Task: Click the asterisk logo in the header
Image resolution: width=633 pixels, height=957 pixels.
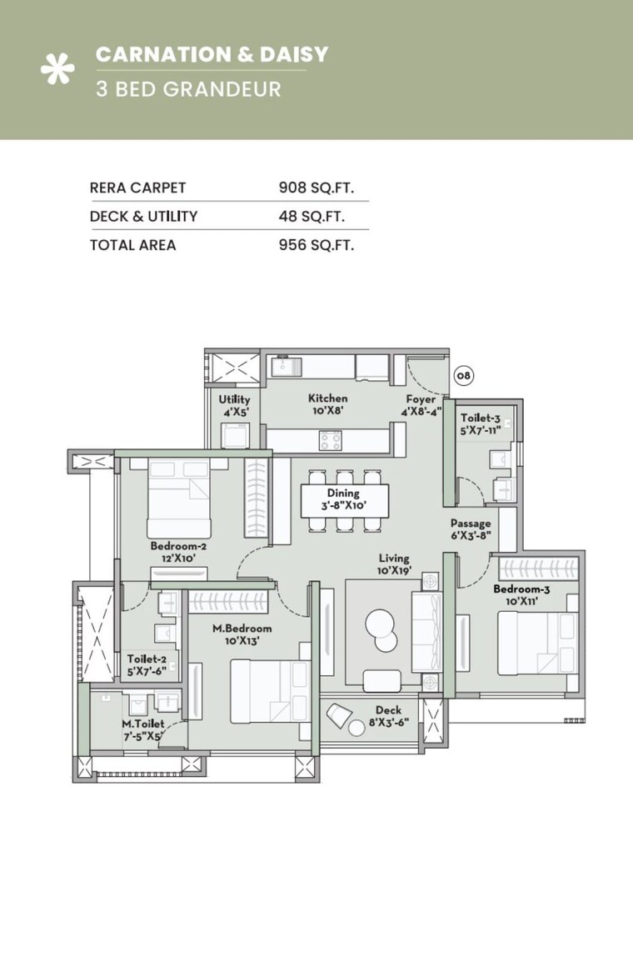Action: pyautogui.click(x=57, y=70)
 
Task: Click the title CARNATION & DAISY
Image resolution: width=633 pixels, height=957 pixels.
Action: pyautogui.click(x=212, y=55)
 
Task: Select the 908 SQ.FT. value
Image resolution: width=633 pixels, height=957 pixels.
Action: pyautogui.click(x=311, y=188)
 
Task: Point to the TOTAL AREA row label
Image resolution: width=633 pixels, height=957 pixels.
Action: pyautogui.click(x=132, y=245)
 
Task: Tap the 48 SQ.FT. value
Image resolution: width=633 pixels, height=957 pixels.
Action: pyautogui.click(x=312, y=217)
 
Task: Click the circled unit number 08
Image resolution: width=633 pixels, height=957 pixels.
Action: pyautogui.click(x=462, y=376)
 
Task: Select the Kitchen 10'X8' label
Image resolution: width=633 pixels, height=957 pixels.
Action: pyautogui.click(x=327, y=404)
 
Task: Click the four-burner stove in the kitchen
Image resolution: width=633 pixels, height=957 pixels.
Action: pyautogui.click(x=330, y=439)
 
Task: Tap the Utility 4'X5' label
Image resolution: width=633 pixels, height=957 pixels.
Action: pyautogui.click(x=234, y=405)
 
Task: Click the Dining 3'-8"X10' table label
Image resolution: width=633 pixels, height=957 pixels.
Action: pyautogui.click(x=342, y=499)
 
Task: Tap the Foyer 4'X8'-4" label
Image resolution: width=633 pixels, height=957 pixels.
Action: pyautogui.click(x=421, y=405)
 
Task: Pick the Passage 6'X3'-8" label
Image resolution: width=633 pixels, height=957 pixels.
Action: pyautogui.click(x=471, y=529)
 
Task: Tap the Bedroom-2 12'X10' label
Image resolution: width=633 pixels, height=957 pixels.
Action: pyautogui.click(x=178, y=553)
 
